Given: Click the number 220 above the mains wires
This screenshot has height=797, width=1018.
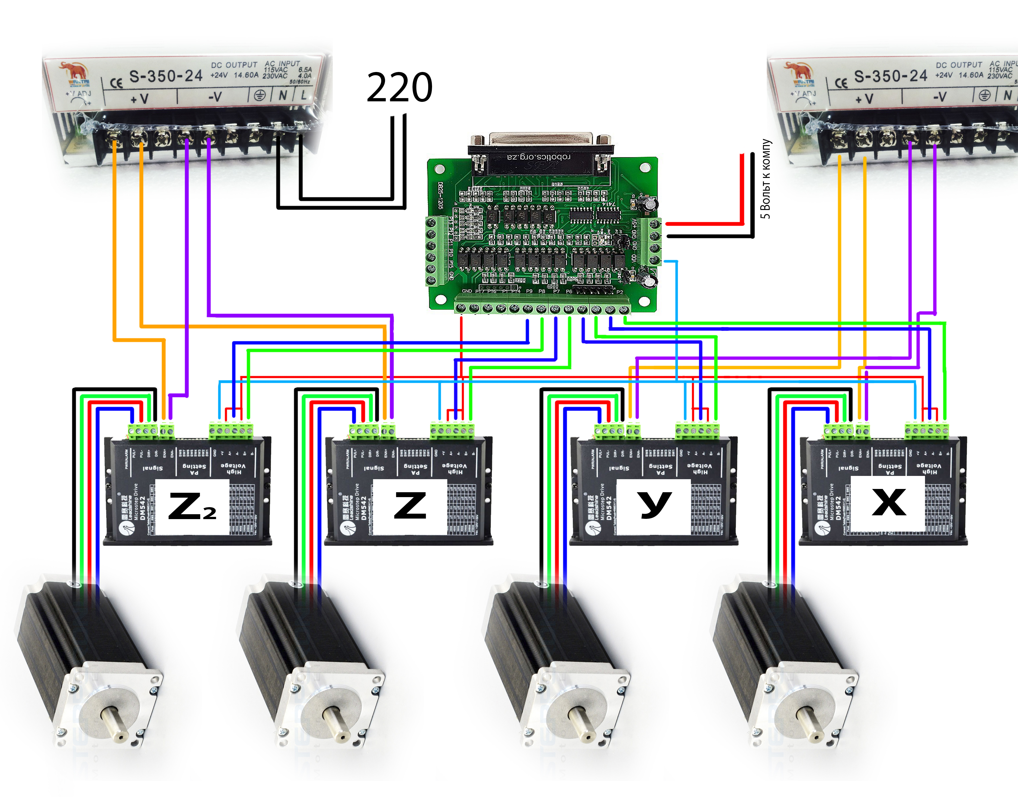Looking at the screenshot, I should pyautogui.click(x=399, y=88).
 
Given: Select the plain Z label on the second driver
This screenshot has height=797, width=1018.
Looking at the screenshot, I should pyautogui.click(x=410, y=506).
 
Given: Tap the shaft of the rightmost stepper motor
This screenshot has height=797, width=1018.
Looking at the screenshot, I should pyautogui.click(x=810, y=724).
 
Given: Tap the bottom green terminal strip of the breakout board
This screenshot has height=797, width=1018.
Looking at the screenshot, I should pyautogui.click(x=542, y=308).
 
